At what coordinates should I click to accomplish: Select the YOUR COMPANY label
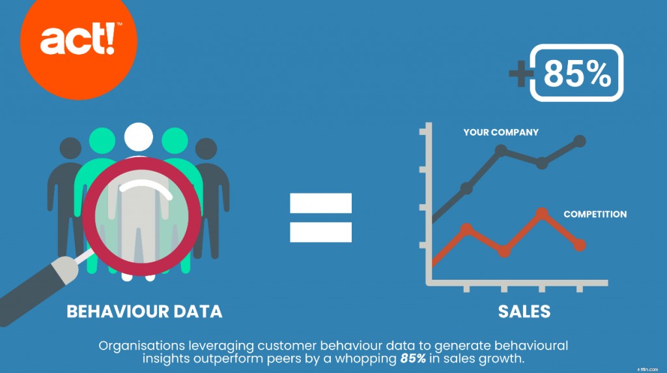click(501, 132)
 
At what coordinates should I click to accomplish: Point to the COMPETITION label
click(595, 214)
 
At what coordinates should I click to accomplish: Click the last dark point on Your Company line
click(580, 141)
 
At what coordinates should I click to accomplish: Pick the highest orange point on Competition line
click(541, 213)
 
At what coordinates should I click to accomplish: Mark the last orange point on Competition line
click(580, 245)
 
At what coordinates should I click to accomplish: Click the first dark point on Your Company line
click(467, 188)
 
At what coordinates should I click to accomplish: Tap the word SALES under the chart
click(524, 311)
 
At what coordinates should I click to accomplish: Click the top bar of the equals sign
click(320, 203)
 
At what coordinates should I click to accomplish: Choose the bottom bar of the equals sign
click(320, 231)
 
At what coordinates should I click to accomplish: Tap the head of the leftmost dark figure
click(71, 149)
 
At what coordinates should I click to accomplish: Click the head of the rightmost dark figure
click(206, 149)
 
